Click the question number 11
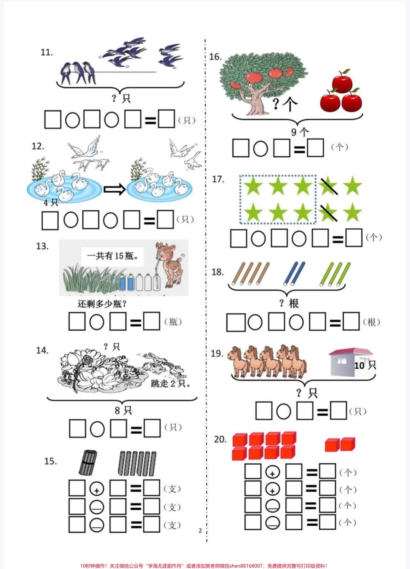pos(47,52)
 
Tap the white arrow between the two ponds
pos(115,189)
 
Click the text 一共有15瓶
pos(113,256)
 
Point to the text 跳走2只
pos(170,383)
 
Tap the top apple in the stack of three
pos(342,81)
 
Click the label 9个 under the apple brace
pos(300,132)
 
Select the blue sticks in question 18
pos(294,273)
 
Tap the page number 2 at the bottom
pos(200,531)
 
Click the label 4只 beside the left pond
pos(51,202)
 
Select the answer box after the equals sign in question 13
pos(151,321)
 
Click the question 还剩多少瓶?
pos(102,303)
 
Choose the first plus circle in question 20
pos(272,472)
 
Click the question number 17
pos(218,179)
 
